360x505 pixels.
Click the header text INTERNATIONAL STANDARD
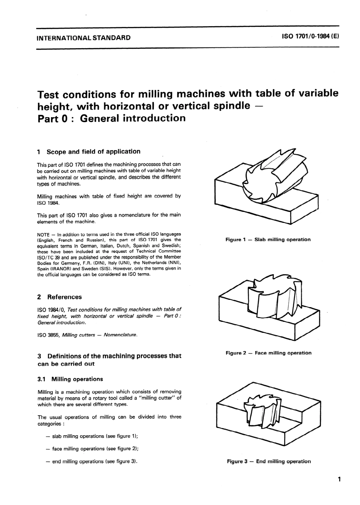pos(83,38)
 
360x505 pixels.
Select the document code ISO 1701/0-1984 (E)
pos(310,37)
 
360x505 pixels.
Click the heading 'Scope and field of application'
pos(93,152)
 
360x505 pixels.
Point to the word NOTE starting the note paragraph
pos(44,234)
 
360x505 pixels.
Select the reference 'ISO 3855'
pos(48,335)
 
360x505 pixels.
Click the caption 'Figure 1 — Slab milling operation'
pos(268,240)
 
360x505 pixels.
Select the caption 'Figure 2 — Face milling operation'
pos(268,353)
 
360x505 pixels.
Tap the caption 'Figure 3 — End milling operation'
pos(269,461)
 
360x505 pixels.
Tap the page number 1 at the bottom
pos(340,479)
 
